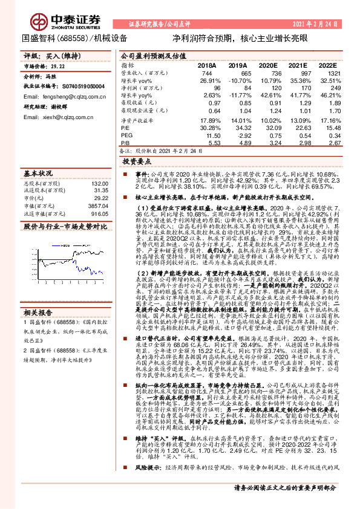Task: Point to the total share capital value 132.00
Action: click(99, 183)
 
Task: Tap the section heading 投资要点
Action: click(136, 162)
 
